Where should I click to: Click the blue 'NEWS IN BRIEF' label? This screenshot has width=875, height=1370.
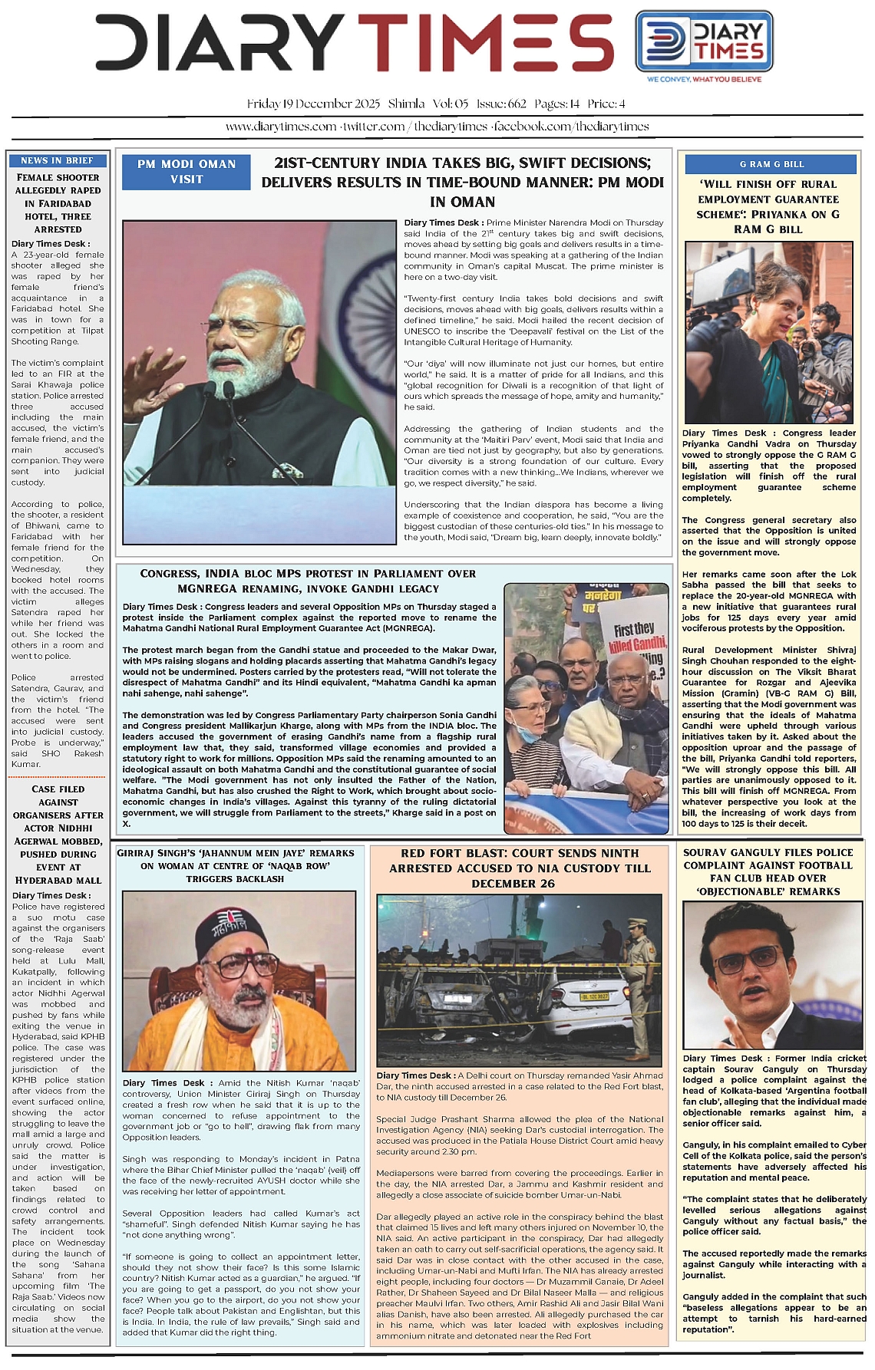click(x=57, y=160)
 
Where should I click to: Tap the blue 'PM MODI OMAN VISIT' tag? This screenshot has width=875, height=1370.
click(x=187, y=172)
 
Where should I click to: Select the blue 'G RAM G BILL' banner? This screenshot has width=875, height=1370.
click(x=771, y=164)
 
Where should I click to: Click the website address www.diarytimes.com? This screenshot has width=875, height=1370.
click(x=281, y=127)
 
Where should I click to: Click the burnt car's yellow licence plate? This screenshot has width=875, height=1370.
click(x=595, y=996)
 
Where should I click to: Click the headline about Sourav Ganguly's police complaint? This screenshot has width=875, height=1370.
click(x=768, y=872)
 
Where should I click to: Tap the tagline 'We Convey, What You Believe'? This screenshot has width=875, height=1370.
click(x=704, y=79)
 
